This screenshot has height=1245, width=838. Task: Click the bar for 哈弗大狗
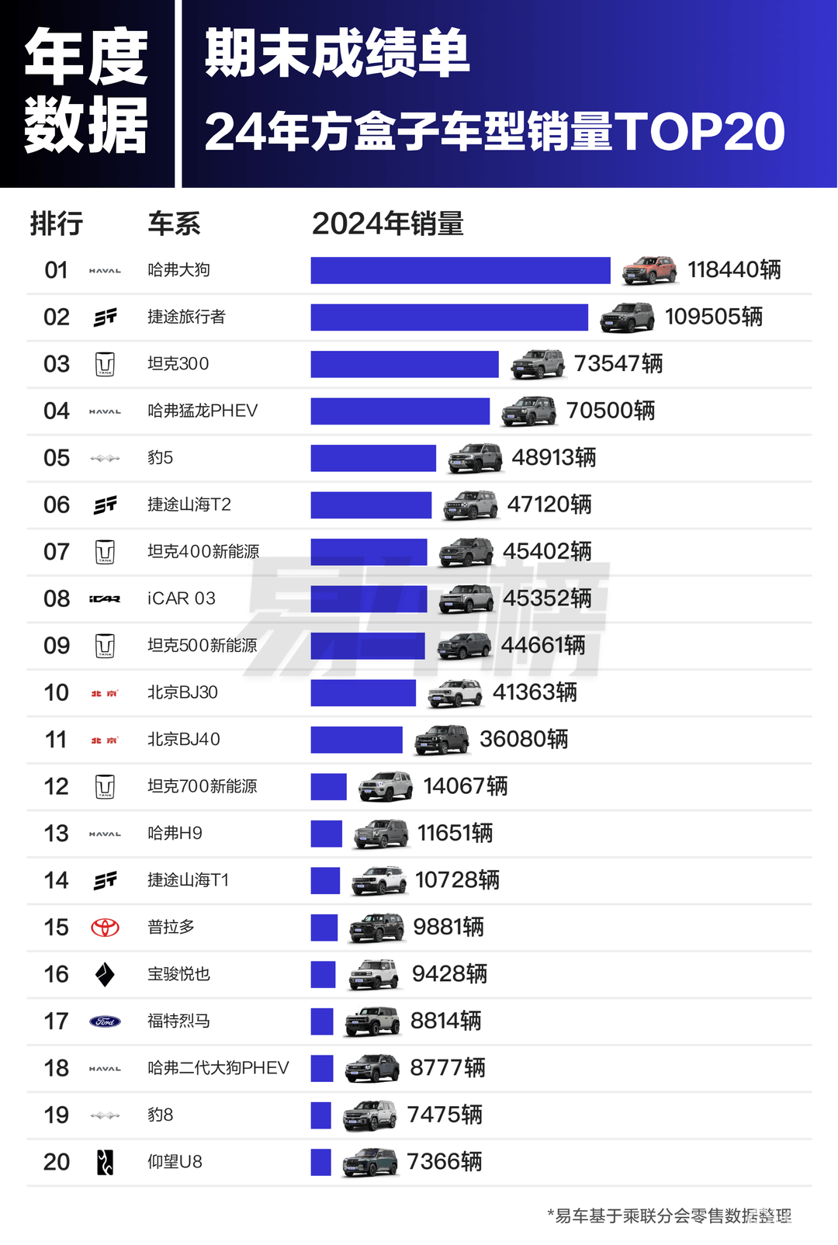[x=460, y=270]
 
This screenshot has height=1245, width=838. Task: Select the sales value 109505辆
[x=714, y=317]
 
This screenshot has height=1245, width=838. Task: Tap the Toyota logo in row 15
[x=105, y=928]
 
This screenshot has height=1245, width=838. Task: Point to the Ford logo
[x=105, y=1021]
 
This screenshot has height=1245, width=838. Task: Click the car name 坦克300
[x=178, y=364]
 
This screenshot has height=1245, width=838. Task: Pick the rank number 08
[x=57, y=598]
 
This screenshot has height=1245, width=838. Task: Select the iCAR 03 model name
[x=182, y=598]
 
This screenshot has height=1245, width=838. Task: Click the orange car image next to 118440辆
[x=649, y=270]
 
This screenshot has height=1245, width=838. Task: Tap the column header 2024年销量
[x=387, y=224]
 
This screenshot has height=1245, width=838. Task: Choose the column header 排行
[x=57, y=224]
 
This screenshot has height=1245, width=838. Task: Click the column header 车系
[x=174, y=224]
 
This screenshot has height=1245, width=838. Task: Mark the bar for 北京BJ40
[x=356, y=740]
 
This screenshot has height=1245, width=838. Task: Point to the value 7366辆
[x=445, y=1162]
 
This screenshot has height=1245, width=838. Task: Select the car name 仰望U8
[x=175, y=1162]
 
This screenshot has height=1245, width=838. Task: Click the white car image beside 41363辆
[x=455, y=693]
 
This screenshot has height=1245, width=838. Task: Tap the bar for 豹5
[x=373, y=458]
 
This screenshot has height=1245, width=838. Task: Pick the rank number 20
[x=57, y=1162]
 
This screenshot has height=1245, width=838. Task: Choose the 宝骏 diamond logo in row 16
[x=105, y=974]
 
